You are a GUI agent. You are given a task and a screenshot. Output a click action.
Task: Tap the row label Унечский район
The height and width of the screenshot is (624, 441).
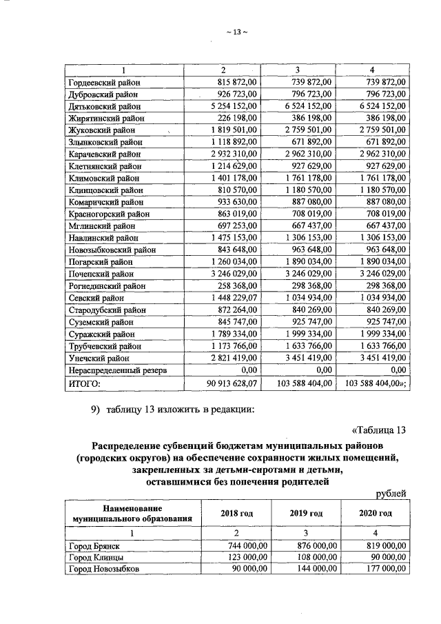point(99,358)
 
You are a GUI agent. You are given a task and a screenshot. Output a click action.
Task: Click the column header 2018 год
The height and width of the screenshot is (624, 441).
point(236,513)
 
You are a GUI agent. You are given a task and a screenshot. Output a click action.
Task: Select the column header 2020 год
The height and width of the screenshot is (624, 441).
point(376,513)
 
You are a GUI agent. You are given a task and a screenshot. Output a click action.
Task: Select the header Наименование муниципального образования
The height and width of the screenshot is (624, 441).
point(131,513)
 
